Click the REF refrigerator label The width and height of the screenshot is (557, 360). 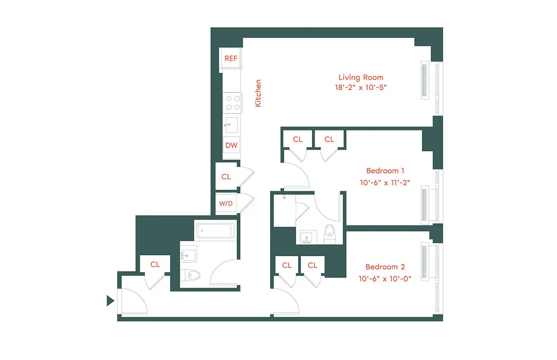[231, 58]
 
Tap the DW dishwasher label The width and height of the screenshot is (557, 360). [231, 145]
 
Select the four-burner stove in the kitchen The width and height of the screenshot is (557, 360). [232, 102]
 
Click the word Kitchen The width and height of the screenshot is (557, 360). [258, 93]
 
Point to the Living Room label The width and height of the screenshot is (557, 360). [361, 77]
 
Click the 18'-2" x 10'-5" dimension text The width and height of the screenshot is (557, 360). [361, 87]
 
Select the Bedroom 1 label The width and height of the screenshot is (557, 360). [385, 171]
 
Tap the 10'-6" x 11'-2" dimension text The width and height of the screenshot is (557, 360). [385, 182]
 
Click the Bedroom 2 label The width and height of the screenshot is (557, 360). [385, 267]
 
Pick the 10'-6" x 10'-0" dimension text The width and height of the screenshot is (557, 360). [385, 278]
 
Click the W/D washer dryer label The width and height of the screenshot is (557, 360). [226, 204]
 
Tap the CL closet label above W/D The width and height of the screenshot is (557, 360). [226, 177]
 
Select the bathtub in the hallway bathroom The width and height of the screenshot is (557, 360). [215, 231]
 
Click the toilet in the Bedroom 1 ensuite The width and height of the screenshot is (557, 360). [330, 234]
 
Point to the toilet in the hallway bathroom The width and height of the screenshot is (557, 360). [189, 274]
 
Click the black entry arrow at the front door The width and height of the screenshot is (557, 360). [110, 301]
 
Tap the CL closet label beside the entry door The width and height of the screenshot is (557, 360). [155, 265]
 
